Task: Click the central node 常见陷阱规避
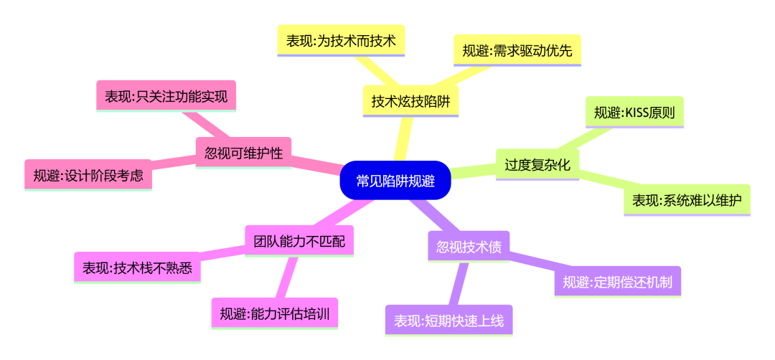[x=395, y=180]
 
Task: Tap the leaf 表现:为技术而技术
[x=341, y=40]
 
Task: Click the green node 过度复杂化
[x=537, y=165]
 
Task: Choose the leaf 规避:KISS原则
[x=634, y=112]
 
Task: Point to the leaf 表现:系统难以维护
[x=687, y=200]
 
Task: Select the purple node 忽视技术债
[x=469, y=247]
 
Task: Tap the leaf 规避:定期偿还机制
[x=617, y=282]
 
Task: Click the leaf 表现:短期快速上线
[x=449, y=321]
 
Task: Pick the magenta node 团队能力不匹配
[x=299, y=241]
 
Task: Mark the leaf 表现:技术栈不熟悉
[x=137, y=267]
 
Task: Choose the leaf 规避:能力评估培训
[x=274, y=313]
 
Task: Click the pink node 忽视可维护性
[x=243, y=152]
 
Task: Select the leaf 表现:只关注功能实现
[x=166, y=95]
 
